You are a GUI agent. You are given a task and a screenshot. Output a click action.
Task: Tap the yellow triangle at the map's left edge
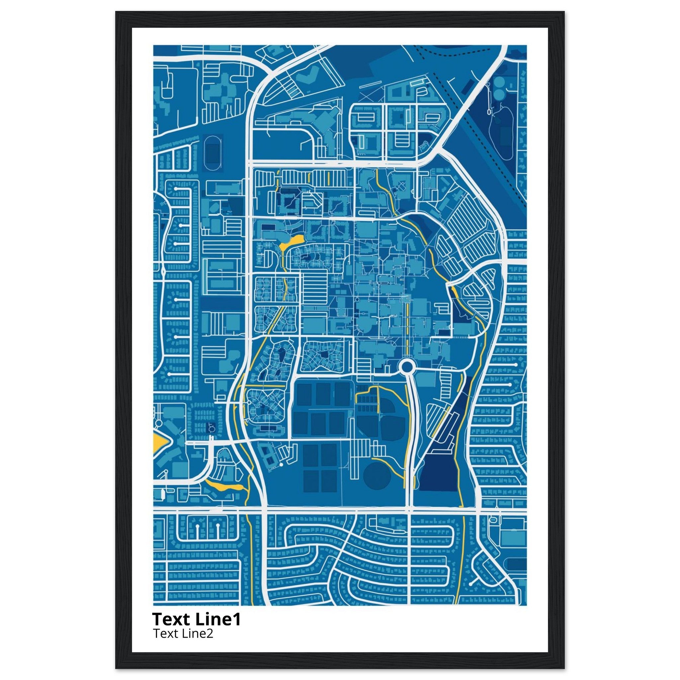click(159, 443)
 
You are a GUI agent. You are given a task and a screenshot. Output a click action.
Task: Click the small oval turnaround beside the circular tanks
click(489, 111)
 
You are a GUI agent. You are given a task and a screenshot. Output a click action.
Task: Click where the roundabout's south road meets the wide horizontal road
click(409, 510)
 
